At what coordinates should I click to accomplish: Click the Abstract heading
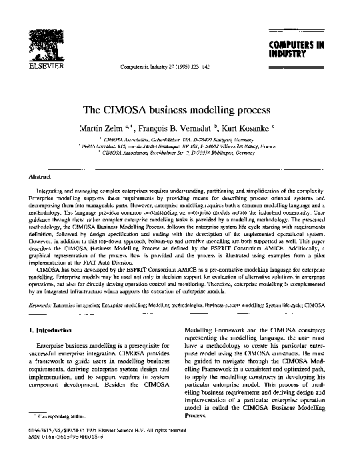tap(38, 178)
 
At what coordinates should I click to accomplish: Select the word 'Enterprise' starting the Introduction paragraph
tap(56, 348)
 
